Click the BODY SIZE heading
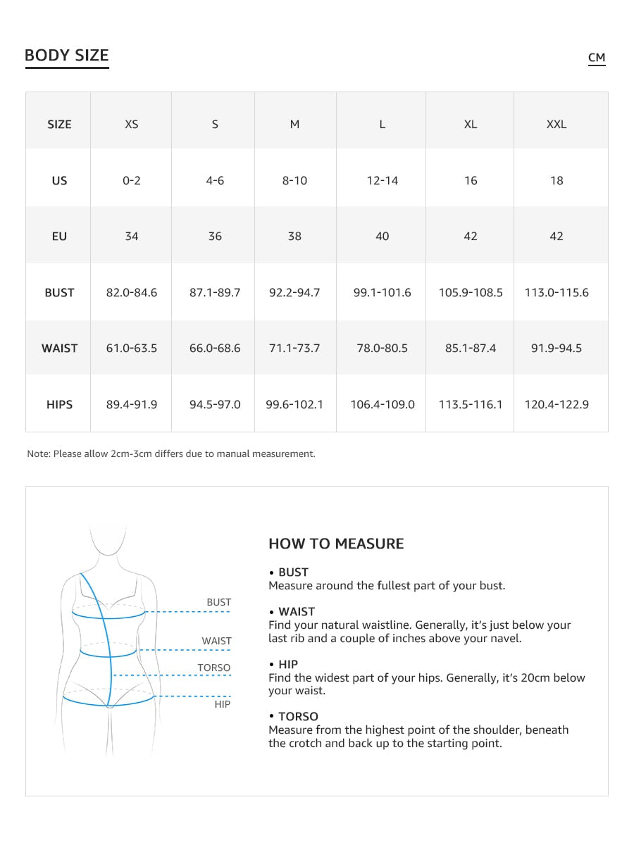(67, 56)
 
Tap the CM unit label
(597, 58)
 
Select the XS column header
(132, 125)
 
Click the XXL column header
(557, 125)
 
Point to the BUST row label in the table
(59, 293)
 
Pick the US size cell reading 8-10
(294, 181)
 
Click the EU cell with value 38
(294, 237)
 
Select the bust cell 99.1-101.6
(382, 293)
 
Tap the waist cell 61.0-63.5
(132, 349)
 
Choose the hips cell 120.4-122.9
(557, 405)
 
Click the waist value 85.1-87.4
(471, 349)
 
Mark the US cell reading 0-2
(132, 181)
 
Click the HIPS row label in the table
(59, 405)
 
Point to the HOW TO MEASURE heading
(336, 544)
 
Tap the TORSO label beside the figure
(213, 668)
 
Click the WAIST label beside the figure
(216, 641)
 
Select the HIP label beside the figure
(222, 704)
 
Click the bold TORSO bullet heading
(298, 717)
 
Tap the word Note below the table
(38, 454)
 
